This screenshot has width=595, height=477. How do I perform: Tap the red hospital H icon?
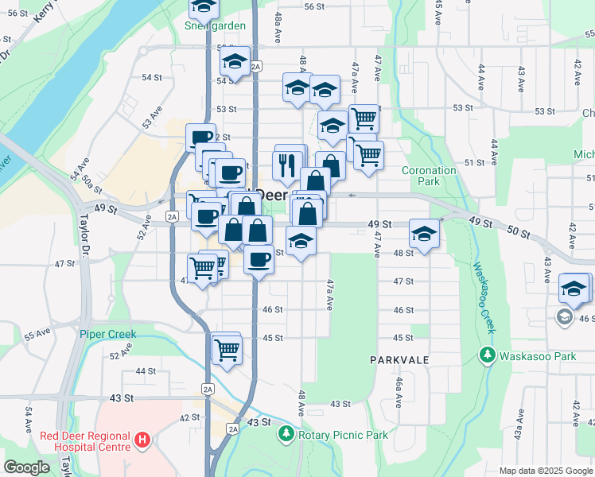coord(142,439)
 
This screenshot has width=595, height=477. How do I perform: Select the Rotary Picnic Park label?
coord(343,435)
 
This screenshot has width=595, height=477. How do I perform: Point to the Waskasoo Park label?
coord(537,356)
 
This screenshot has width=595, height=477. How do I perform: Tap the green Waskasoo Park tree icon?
coord(488,355)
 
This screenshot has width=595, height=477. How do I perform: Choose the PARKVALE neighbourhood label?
coord(399,360)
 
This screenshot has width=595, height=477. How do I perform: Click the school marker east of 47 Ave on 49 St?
coord(425,233)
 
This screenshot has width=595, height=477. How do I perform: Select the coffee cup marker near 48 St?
coord(258,258)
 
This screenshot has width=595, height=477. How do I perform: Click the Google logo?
coord(26,468)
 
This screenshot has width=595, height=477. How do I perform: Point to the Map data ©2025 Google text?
coord(546,471)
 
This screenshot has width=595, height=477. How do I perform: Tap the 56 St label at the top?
coord(314,6)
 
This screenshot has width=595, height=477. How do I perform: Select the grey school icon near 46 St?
coord(564,317)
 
